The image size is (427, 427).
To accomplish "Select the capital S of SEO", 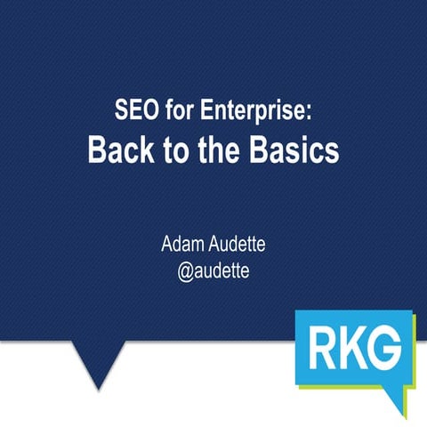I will tap(122, 114).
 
